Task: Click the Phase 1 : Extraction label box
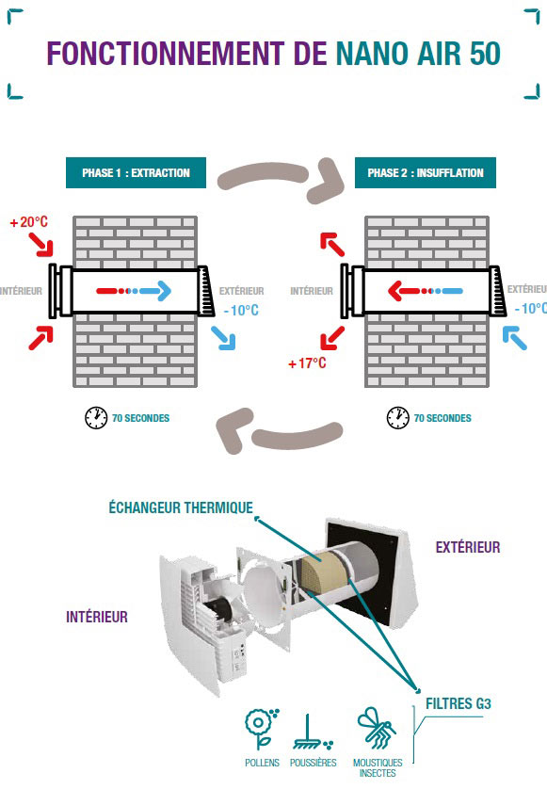point(136,172)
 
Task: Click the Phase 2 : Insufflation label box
point(426,172)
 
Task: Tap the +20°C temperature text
point(29,221)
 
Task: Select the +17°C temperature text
point(307,362)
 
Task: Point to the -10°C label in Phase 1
point(241,310)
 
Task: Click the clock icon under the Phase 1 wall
point(96,418)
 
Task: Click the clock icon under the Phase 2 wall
point(397,418)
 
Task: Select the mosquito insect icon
point(377,728)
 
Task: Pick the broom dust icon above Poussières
point(312,733)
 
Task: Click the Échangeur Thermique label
point(181,507)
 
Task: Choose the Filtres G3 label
point(458,703)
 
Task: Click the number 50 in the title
point(485,54)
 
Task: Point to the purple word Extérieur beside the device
point(468,547)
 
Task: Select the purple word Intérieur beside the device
point(97,617)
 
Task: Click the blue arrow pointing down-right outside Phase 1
point(223,338)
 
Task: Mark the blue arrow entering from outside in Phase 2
point(514,338)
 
